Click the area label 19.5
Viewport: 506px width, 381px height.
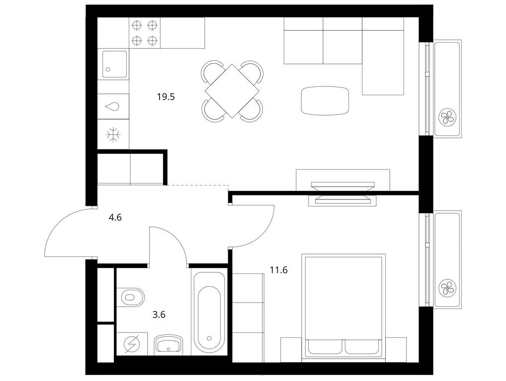(166, 97)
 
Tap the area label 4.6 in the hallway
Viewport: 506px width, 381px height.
(115, 216)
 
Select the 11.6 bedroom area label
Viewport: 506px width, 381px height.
(278, 270)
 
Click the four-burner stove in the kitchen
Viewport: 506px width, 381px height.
(145, 33)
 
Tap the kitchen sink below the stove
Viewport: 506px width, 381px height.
(113, 64)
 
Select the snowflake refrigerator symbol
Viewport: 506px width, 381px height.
(113, 134)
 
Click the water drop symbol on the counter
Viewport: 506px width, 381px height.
(113, 106)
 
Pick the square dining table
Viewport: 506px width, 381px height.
(232, 91)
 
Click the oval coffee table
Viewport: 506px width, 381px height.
(325, 100)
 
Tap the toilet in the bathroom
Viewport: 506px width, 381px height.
(132, 298)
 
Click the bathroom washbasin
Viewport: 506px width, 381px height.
(169, 343)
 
